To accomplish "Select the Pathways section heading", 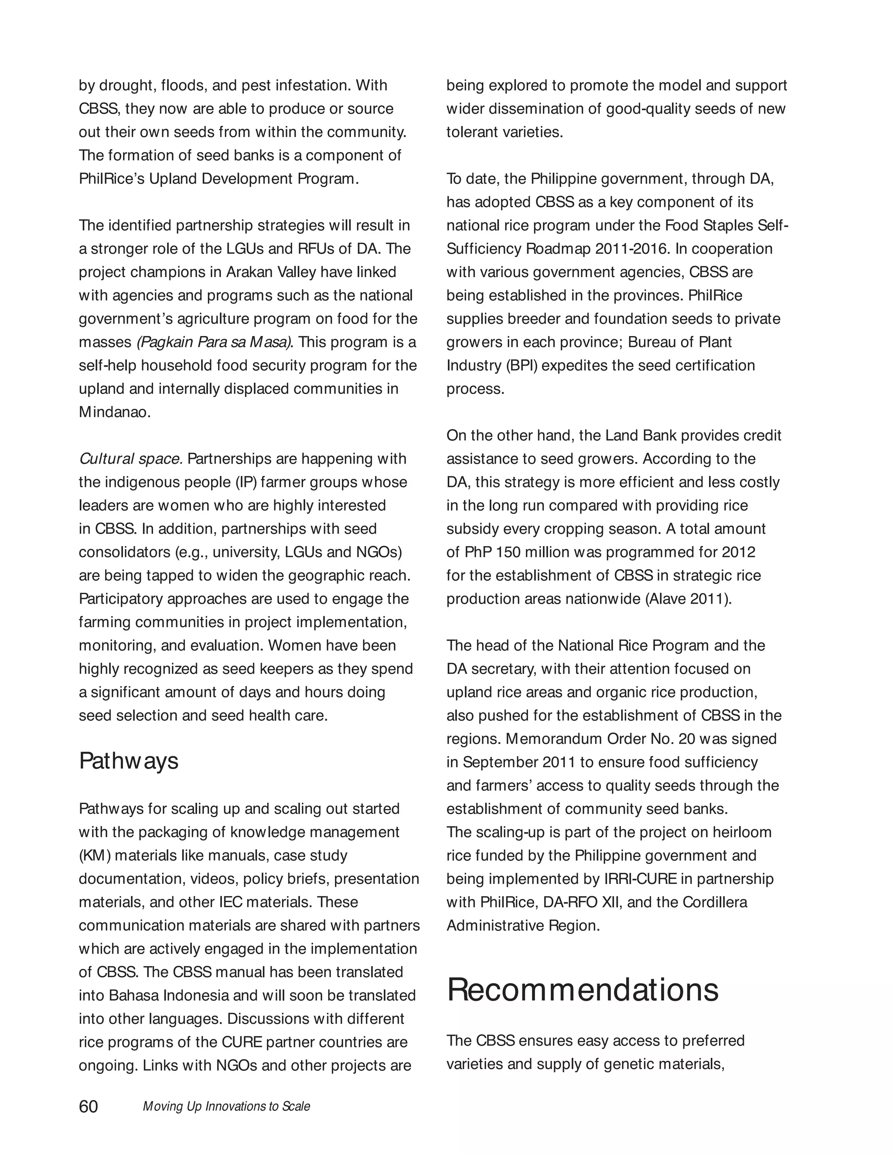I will (x=129, y=761).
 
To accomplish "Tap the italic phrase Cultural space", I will (x=131, y=459).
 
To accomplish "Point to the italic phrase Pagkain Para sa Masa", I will (x=214, y=342).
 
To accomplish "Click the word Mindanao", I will (x=114, y=412).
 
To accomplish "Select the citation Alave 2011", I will (x=688, y=599).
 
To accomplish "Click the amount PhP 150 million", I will (x=516, y=552).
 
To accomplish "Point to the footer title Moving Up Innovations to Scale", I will (x=226, y=1107).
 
